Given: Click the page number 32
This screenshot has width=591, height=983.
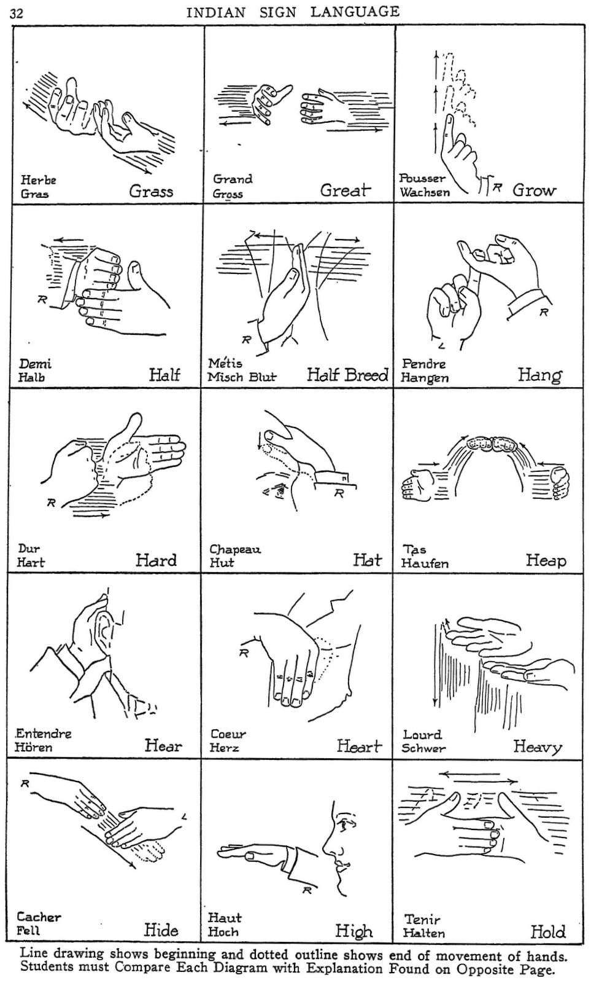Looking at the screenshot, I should pyautogui.click(x=17, y=13).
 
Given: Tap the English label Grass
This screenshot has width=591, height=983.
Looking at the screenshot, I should pyautogui.click(x=151, y=191).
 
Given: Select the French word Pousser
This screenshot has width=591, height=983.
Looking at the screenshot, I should pyautogui.click(x=422, y=178).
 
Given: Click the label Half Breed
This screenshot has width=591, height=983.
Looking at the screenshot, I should pyautogui.click(x=347, y=375).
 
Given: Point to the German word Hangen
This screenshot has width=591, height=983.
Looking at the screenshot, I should pyautogui.click(x=425, y=378).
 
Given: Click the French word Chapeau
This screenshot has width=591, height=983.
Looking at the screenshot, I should pyautogui.click(x=235, y=549).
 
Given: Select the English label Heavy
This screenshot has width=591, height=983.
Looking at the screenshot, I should pyautogui.click(x=538, y=746).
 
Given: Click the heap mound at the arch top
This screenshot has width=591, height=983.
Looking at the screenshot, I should pyautogui.click(x=492, y=444).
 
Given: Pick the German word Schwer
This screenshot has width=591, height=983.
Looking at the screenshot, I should pyautogui.click(x=423, y=748).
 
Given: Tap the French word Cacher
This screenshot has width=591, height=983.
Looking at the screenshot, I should pyautogui.click(x=39, y=917).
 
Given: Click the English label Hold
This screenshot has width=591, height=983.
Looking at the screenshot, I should pyautogui.click(x=547, y=931).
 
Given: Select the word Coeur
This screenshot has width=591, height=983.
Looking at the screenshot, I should pyautogui.click(x=228, y=734).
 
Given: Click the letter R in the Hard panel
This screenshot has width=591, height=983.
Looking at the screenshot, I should pyautogui.click(x=51, y=503).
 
